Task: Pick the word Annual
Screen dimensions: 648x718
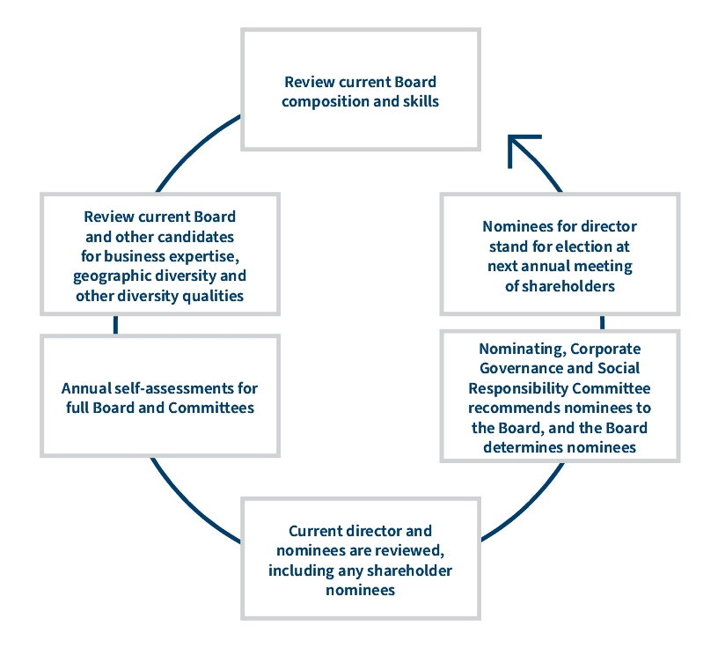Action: point(84,388)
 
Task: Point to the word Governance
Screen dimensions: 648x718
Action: point(522,368)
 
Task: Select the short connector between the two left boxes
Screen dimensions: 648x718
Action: point(115,325)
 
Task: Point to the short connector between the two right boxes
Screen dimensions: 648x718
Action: point(602,322)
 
